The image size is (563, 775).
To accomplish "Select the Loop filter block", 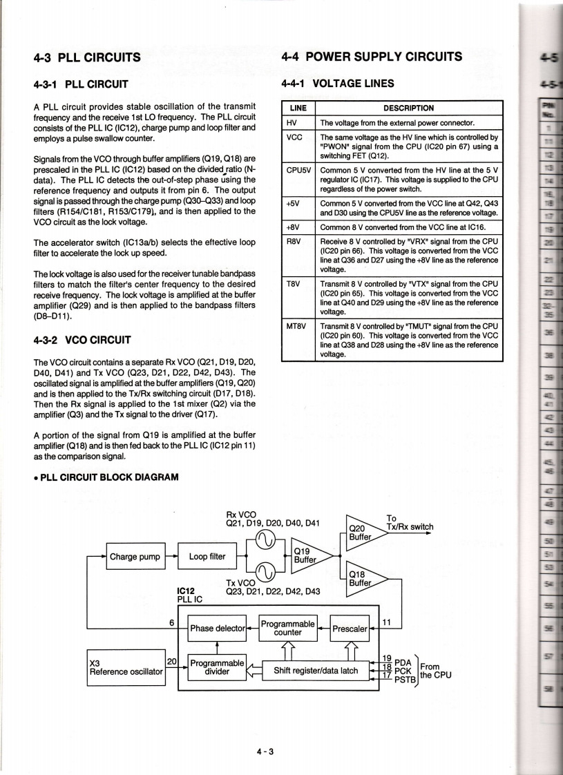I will (x=207, y=556).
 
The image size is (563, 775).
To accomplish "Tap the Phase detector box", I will (x=218, y=628).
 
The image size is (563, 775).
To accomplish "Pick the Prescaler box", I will (x=350, y=629).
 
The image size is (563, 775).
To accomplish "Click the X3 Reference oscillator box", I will (x=126, y=667).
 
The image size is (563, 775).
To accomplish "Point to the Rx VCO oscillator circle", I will (x=266, y=541).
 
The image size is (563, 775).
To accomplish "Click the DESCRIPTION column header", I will (x=409, y=108).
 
